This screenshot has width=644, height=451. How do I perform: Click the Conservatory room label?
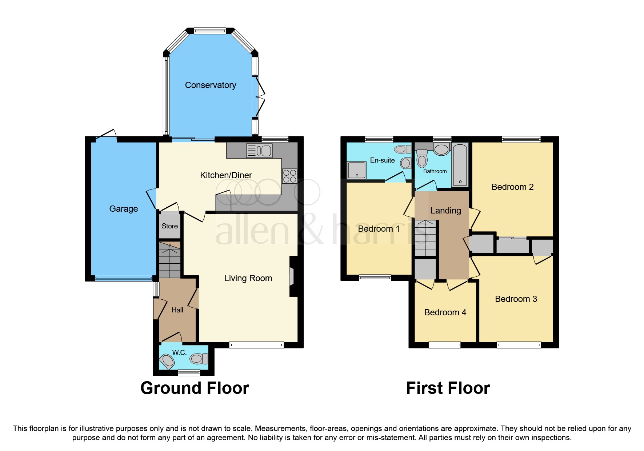[x=211, y=85]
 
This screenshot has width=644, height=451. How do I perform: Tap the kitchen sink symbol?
[x=259, y=150]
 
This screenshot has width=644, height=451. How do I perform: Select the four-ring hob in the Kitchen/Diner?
[x=289, y=176]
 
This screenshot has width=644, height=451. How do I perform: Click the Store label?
[x=169, y=226]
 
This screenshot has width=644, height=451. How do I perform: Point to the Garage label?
[x=123, y=209]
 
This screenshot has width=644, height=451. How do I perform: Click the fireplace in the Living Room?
[x=292, y=277]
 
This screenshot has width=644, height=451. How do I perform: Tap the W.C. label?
[x=179, y=352]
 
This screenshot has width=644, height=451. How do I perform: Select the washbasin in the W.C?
[x=168, y=361]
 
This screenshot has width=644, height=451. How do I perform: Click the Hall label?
[x=177, y=310]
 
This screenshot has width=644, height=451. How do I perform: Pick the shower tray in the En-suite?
[x=356, y=170]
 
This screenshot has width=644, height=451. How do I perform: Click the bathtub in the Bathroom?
[x=460, y=165]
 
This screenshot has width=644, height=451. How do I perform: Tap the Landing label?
[x=445, y=211]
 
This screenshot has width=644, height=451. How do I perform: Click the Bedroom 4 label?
[x=445, y=312]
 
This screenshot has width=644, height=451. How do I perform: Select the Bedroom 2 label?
[x=512, y=187]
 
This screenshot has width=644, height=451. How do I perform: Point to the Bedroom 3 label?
[x=516, y=299]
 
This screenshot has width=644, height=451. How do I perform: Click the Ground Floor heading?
[x=195, y=388]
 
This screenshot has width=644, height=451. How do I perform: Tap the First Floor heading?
[x=448, y=388]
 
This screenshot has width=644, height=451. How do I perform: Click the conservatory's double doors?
[x=260, y=97]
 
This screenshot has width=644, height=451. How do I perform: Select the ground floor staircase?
[x=170, y=260]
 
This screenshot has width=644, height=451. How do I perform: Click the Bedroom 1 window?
[x=375, y=278]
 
